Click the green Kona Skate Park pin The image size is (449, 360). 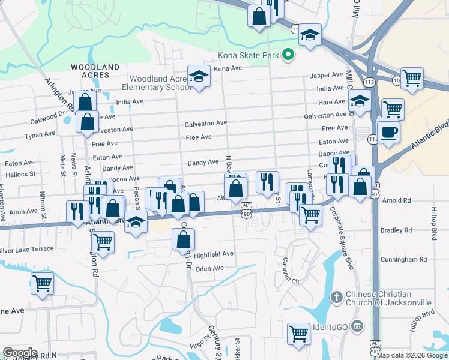tap(288, 55)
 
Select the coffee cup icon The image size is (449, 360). tap(388, 131)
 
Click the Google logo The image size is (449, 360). tap(20, 353)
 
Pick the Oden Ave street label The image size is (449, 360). tap(209, 268)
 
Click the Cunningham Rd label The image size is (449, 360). tap(406, 260)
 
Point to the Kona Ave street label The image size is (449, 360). tap(228, 68)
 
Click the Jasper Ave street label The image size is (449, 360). tap(326, 76)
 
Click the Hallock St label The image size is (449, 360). tap(20, 174)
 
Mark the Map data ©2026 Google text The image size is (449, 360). tap(411, 355)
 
